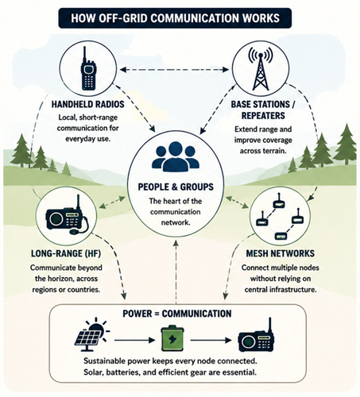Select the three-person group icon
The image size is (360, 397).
coord(176,156)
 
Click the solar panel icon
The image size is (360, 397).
coord(91,335)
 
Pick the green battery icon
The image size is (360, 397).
coord(172,339)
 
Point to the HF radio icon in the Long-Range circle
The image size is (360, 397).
coord(67,216)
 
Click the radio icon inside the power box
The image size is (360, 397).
coord(256,336)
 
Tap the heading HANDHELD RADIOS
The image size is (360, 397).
coord(87,104)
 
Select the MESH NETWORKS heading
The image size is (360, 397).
coord(281,253)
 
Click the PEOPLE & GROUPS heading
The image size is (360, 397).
coord(176,187)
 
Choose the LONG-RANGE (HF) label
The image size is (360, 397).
coord(66,253)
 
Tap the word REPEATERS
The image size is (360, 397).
coord(263,116)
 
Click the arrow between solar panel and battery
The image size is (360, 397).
coord(134,340)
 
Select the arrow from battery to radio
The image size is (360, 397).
coord(211,340)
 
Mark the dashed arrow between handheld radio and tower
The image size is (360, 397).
coord(174,70)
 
